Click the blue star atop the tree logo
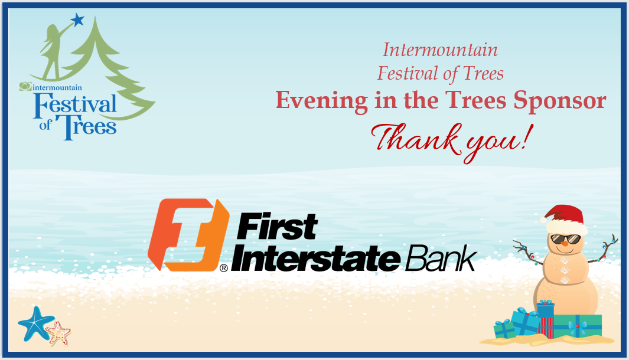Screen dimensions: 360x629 tap(77, 21)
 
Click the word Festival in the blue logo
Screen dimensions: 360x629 tap(76, 105)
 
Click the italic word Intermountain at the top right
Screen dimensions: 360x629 tap(440, 50)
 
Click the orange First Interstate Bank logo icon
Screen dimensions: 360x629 tap(188, 234)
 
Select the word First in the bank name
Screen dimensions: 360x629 tap(278, 227)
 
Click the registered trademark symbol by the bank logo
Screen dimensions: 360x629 tap(223, 268)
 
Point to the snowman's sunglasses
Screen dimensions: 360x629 tap(564, 238)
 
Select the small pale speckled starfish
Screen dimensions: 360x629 tap(58, 333)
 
